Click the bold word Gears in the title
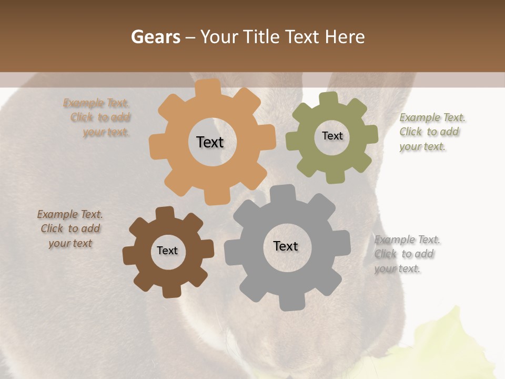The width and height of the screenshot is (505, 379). coord(155,37)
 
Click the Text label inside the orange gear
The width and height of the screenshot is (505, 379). coord(210,142)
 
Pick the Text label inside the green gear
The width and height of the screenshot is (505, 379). coord(332,136)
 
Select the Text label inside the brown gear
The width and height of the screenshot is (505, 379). coord(167,251)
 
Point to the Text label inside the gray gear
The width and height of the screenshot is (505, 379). coord(286,246)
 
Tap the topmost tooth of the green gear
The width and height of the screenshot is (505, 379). coord(329,98)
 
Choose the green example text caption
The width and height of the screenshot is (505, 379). coord(430,132)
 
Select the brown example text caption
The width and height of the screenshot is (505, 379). coord(70,228)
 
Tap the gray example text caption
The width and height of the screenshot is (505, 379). coord(405,254)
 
